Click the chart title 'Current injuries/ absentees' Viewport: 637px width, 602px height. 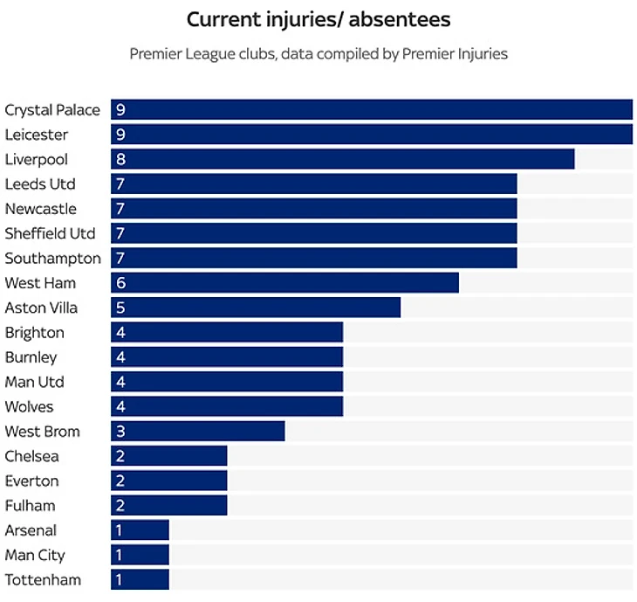318,19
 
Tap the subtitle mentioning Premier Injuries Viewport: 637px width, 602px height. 318,54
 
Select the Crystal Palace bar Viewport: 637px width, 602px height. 371,110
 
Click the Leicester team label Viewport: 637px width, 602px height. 37,135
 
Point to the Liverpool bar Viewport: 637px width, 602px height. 342,159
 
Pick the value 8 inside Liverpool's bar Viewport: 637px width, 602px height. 120,159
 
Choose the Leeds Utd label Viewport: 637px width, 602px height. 40,184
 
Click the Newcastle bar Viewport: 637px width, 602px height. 314,209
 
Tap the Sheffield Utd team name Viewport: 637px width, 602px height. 50,233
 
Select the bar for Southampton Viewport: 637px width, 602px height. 314,258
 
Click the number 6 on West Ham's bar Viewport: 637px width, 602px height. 120,283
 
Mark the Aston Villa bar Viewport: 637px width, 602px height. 256,308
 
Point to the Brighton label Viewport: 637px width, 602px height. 35,332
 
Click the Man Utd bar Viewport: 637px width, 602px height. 227,382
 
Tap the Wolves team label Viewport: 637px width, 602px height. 30,406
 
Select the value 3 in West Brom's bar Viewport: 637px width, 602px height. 120,432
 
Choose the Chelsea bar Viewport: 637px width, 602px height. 168,456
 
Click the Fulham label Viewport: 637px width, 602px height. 30,505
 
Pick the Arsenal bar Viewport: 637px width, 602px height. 140,530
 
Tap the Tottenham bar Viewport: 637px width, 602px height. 140,579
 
